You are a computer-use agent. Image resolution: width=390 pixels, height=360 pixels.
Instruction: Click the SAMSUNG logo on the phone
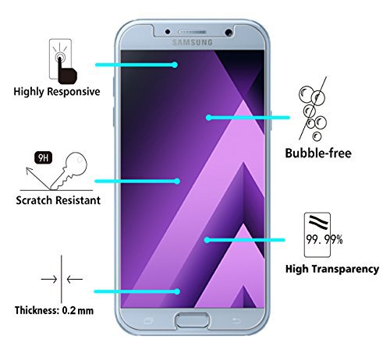192,42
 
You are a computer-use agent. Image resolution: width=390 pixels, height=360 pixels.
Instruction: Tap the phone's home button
193,320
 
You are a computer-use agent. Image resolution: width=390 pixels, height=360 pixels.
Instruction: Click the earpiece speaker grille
192,32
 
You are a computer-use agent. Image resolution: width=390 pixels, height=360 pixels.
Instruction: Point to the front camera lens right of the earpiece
229,33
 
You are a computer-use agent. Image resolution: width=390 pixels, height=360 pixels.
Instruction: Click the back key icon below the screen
236,321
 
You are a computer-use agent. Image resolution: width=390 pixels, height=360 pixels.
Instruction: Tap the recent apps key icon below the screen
148,321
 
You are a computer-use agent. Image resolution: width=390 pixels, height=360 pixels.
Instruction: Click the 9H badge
43,157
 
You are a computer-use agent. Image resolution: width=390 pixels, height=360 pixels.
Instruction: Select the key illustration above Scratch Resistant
69,170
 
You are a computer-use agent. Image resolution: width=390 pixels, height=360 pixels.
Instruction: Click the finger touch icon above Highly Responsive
63,61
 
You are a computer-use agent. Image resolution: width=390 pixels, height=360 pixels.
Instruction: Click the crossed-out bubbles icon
313,109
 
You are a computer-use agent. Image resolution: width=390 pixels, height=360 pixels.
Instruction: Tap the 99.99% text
324,239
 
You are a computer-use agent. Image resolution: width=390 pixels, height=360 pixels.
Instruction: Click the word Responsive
73,92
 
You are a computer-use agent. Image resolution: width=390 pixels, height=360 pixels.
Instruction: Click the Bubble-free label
318,153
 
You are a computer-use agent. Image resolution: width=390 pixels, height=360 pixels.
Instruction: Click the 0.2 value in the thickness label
69,310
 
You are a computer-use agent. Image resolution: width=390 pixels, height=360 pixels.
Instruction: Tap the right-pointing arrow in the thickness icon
49,280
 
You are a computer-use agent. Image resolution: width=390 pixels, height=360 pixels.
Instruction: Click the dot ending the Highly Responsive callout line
175,65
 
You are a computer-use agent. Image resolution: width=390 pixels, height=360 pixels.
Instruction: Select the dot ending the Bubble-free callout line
208,118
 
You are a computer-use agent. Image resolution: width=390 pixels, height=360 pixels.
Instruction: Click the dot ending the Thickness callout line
177,291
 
